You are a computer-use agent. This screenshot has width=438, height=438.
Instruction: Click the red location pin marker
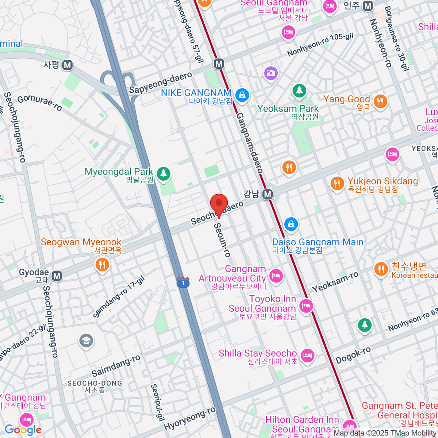(x=219, y=204)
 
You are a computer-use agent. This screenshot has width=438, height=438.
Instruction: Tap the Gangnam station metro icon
(x=268, y=195)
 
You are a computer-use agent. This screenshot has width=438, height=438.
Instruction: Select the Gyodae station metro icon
(x=57, y=276)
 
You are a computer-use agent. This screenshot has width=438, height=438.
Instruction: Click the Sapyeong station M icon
(x=67, y=65)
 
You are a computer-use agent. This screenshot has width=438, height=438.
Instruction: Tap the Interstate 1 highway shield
(x=183, y=283)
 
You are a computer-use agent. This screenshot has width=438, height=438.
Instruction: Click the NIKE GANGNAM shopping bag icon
(x=242, y=95)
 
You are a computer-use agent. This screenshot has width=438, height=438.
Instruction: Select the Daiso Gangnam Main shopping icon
(x=291, y=224)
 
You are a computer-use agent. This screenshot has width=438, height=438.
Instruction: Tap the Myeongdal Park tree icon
(x=164, y=173)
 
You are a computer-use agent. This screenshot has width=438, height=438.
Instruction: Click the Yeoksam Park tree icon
(x=299, y=90)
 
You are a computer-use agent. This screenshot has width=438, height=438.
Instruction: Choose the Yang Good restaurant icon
(x=380, y=101)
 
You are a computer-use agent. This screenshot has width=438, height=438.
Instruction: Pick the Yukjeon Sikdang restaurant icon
(x=337, y=184)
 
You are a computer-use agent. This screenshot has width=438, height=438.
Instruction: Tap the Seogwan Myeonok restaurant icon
(x=102, y=264)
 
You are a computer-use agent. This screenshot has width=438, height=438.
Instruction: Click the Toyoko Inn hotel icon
(x=306, y=305)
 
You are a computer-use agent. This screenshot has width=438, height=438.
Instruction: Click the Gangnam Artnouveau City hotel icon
(x=276, y=276)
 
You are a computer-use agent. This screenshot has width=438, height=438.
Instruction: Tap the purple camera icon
(x=271, y=73)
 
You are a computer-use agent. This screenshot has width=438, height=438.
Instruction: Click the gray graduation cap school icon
(x=86, y=341)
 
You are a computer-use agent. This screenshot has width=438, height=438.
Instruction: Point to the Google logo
(x=23, y=430)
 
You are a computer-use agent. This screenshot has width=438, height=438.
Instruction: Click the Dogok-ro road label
(x=353, y=355)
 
